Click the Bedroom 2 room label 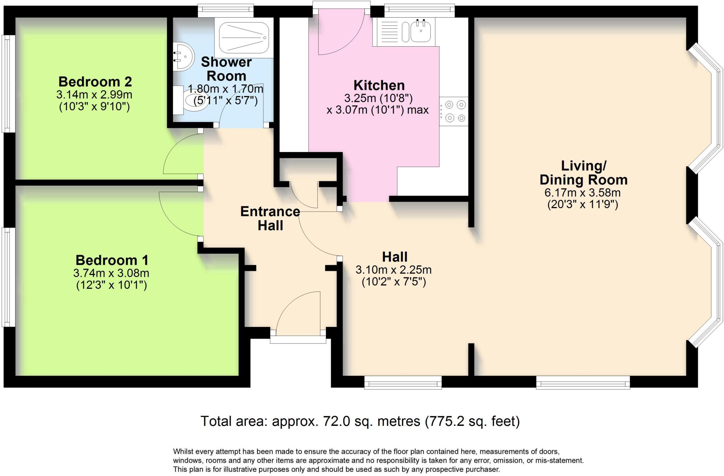click(x=95, y=82)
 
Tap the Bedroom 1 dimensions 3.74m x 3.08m click(x=111, y=273)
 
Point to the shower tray click(x=244, y=38)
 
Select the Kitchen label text click(x=379, y=86)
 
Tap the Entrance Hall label click(x=270, y=218)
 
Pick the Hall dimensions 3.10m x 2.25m click(x=393, y=270)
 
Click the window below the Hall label click(x=403, y=382)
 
